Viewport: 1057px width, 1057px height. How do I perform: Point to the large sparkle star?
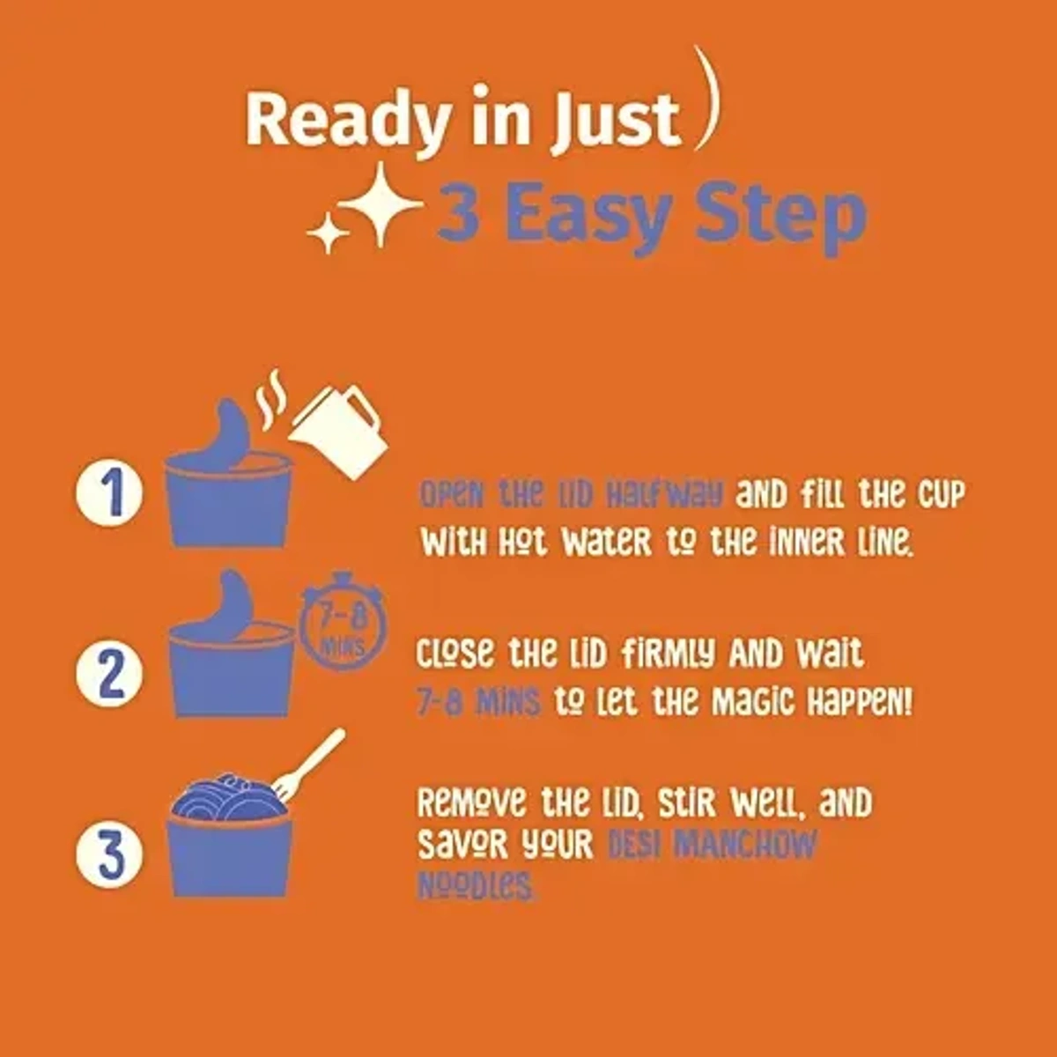pos(381,204)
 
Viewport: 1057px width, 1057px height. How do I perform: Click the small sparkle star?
pos(328,233)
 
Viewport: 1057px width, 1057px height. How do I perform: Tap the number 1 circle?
pos(109,492)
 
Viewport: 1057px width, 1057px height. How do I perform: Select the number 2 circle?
pos(109,673)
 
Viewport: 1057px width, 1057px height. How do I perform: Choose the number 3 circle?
pos(109,854)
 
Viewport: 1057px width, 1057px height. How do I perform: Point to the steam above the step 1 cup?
pos(271,399)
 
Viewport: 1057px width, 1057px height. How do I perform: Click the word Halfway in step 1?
pos(664,495)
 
